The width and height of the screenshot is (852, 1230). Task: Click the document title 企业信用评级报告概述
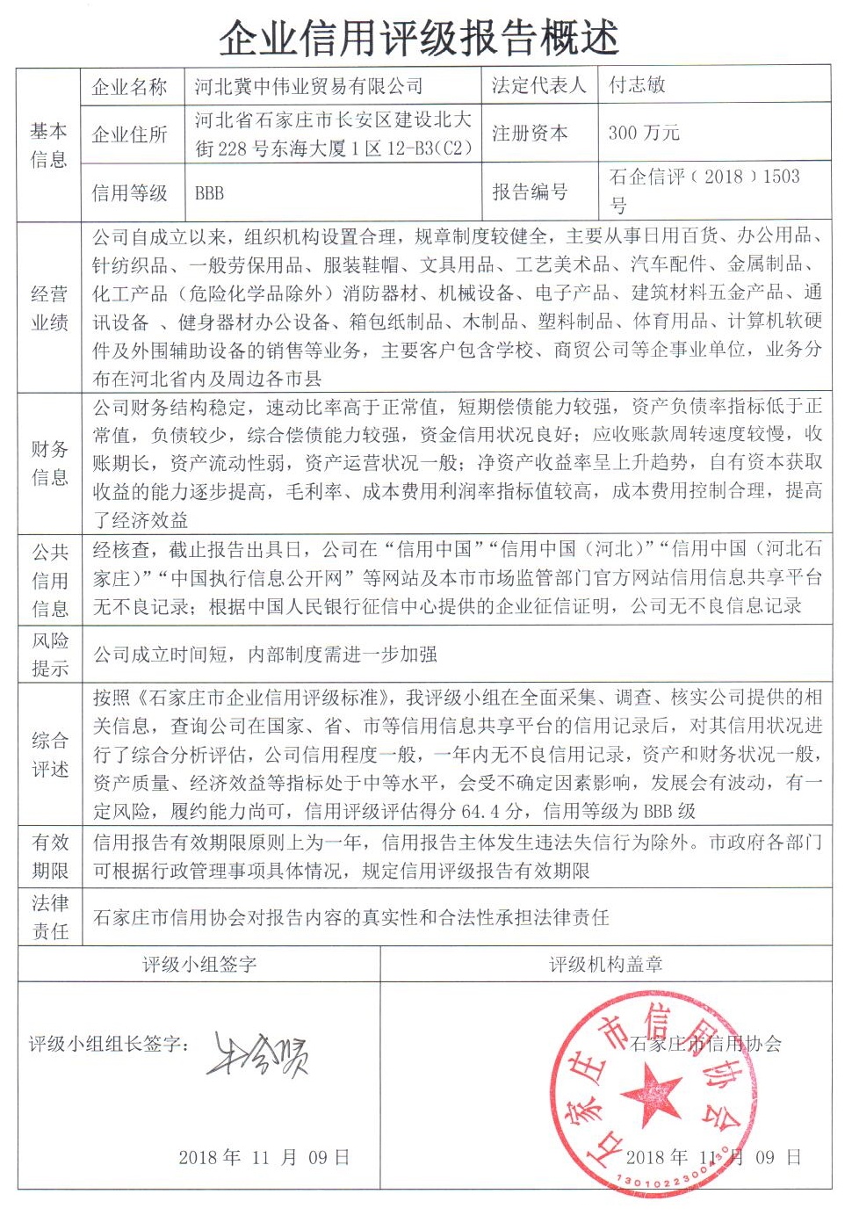click(419, 38)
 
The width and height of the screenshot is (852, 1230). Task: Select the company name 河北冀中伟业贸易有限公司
click(308, 86)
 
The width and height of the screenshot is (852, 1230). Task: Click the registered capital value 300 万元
click(644, 133)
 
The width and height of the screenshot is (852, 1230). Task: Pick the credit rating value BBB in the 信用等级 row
click(209, 193)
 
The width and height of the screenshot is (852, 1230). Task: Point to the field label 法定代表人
click(538, 85)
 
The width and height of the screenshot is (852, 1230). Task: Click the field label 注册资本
click(530, 133)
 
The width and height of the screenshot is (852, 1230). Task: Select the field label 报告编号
click(530, 192)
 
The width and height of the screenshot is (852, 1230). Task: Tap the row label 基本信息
click(48, 145)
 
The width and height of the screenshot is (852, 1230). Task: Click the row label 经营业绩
click(49, 308)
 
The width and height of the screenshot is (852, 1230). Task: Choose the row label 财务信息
click(49, 463)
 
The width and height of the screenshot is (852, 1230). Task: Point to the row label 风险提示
click(49, 655)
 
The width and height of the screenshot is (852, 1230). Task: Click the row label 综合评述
click(49, 755)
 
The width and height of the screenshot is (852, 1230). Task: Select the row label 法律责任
click(49, 917)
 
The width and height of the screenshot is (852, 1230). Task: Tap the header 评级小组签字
click(199, 965)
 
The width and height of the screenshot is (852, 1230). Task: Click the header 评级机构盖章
click(606, 965)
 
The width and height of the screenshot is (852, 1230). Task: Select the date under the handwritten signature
click(264, 1157)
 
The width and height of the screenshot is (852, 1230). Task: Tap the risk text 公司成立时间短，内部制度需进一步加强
click(265, 655)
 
